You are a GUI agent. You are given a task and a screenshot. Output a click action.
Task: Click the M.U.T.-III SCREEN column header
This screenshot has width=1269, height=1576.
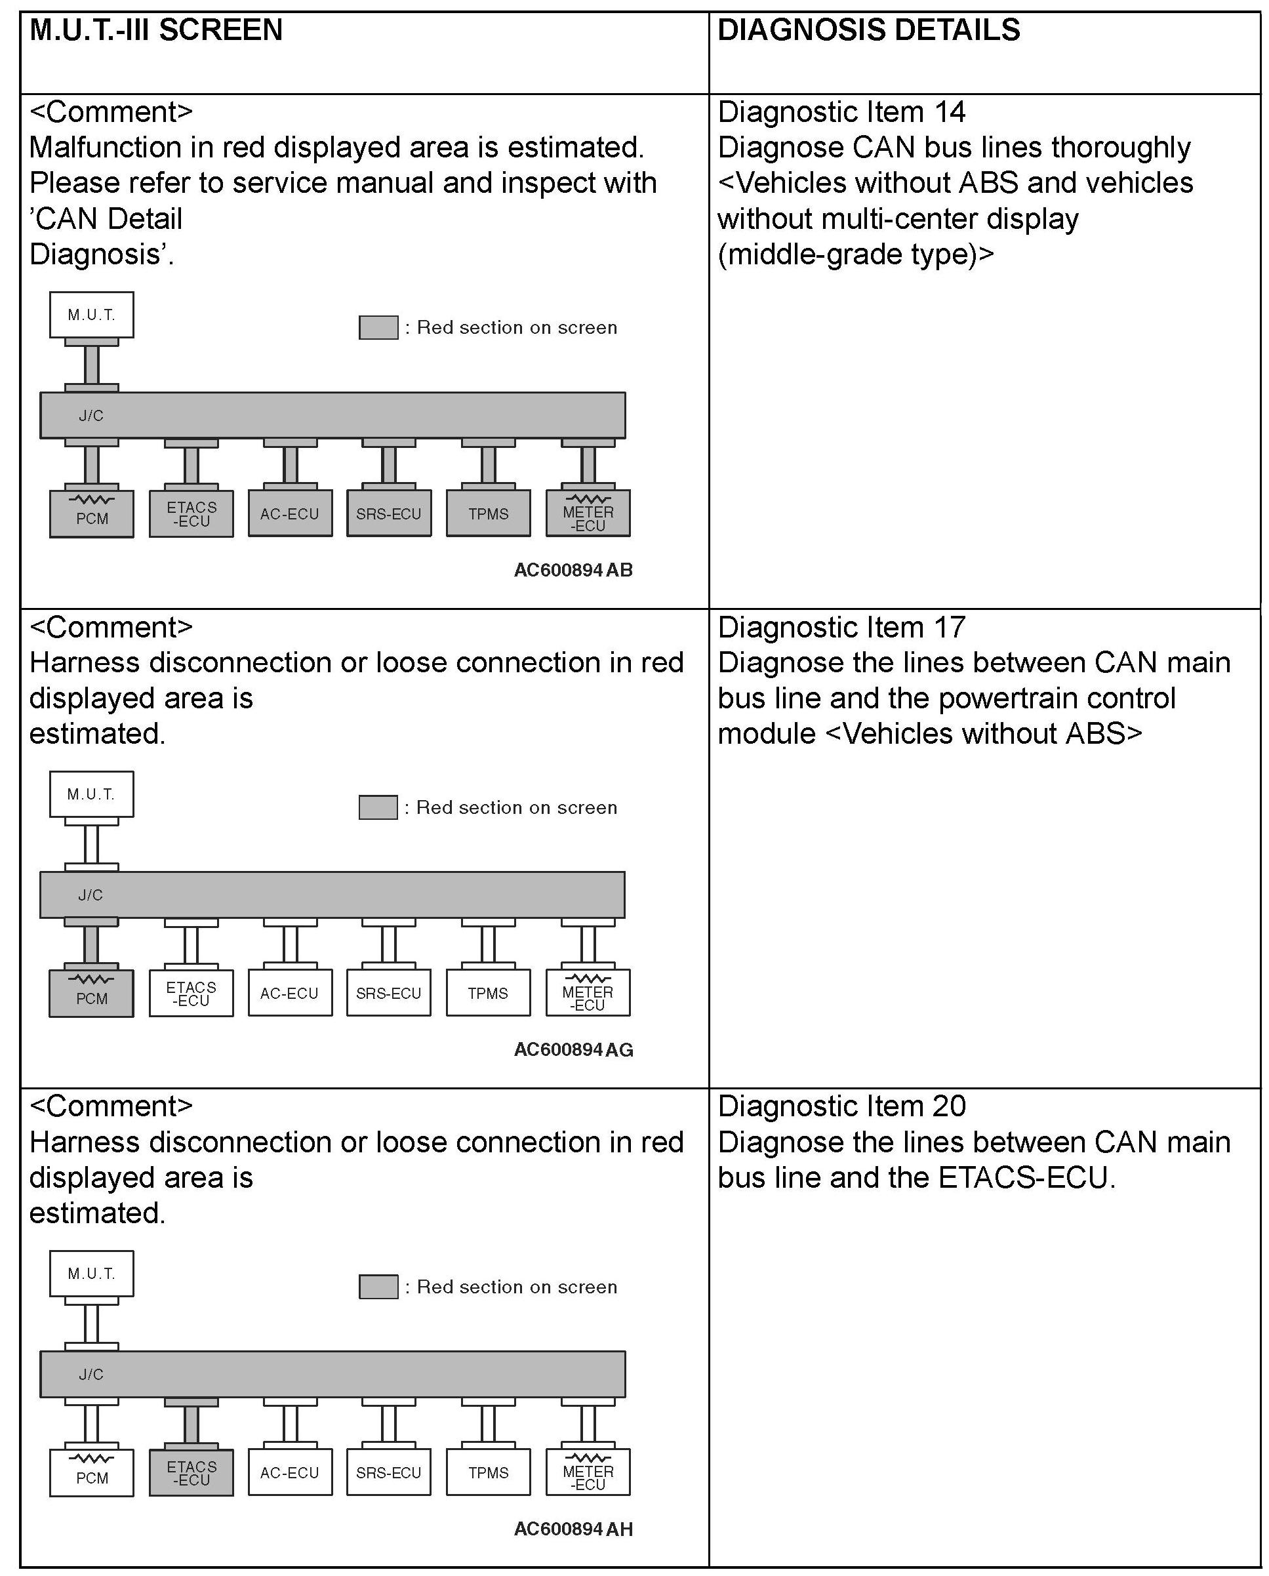(155, 31)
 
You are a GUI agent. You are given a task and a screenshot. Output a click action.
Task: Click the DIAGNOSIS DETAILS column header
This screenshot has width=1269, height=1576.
(868, 31)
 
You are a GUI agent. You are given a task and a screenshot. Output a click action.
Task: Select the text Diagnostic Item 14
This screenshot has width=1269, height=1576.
(841, 113)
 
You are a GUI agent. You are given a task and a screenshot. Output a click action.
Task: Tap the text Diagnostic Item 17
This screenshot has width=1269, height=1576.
(841, 628)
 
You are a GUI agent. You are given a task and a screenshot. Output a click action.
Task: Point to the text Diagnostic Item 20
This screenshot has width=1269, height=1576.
(841, 1106)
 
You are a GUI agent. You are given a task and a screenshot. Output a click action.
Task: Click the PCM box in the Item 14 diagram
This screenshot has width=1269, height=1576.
(91, 514)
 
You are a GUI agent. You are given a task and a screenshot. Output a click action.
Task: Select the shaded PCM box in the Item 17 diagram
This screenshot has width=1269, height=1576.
(91, 994)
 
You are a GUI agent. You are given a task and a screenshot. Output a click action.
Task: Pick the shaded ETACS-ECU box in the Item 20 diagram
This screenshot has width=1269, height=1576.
(191, 1472)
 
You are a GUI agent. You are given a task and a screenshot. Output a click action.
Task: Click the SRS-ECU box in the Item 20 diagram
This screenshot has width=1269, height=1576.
(389, 1472)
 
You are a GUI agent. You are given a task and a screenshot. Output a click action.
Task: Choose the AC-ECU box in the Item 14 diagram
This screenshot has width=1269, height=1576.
(291, 514)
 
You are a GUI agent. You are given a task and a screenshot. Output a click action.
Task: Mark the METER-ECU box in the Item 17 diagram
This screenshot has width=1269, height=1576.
(588, 994)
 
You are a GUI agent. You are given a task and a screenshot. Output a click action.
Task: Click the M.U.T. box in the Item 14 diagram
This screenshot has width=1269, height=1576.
(91, 315)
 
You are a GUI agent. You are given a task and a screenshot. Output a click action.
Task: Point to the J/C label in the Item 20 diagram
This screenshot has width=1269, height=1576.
(91, 1374)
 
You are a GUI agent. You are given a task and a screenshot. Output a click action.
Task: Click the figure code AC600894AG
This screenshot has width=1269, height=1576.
(573, 1050)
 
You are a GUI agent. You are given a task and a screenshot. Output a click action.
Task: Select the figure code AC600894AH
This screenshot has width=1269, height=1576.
(573, 1529)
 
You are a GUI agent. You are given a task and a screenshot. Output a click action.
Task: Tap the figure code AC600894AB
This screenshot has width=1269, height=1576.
(573, 570)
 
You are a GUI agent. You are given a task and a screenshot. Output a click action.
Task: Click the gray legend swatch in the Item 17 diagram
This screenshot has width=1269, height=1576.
(378, 807)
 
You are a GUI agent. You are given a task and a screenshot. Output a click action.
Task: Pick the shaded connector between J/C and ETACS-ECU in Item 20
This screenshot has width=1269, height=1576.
(191, 1424)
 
